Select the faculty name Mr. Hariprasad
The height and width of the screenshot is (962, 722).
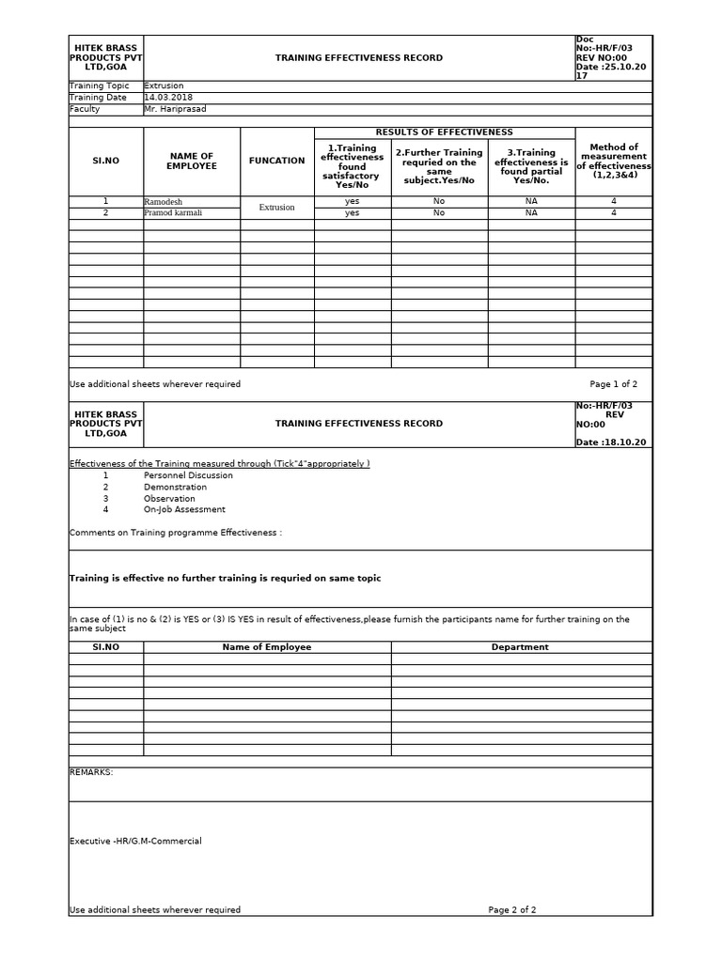(174, 109)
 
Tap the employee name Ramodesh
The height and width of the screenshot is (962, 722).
(165, 201)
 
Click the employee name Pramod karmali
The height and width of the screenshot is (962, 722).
(172, 212)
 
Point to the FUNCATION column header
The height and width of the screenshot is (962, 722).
(276, 161)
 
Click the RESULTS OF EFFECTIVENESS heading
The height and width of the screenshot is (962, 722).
(444, 132)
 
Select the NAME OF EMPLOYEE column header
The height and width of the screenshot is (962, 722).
(191, 161)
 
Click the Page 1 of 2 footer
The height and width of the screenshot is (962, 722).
(613, 384)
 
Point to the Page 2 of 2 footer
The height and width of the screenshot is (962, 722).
(511, 909)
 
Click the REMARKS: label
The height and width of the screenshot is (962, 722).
(91, 771)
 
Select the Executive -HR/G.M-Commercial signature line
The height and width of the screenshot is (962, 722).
(135, 841)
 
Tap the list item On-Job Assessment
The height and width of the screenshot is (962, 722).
(184, 509)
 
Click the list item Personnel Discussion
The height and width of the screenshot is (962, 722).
(188, 475)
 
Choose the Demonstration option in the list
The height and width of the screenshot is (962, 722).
(175, 487)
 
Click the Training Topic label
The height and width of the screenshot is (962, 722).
(99, 86)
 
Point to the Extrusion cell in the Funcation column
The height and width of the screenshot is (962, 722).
(276, 207)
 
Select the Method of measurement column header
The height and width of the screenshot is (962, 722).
(613, 161)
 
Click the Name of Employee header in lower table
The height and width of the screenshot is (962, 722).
(266, 646)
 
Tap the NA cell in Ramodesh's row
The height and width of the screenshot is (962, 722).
(531, 201)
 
